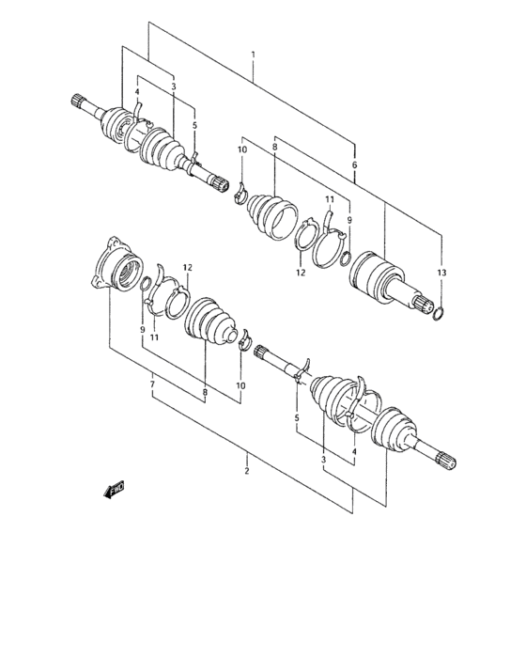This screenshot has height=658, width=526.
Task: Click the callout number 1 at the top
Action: pyautogui.click(x=253, y=56)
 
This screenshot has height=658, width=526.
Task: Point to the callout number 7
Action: pyautogui.click(x=151, y=384)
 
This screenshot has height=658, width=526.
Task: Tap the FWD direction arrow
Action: pyautogui.click(x=116, y=489)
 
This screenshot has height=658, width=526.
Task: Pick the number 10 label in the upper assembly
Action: pyautogui.click(x=241, y=149)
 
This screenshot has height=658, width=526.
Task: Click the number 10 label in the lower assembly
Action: pyautogui.click(x=240, y=385)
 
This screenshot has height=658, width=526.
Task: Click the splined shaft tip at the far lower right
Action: pyautogui.click(x=448, y=460)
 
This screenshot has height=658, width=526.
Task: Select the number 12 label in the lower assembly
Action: pyautogui.click(x=186, y=267)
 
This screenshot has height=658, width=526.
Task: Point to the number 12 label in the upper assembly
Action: pyautogui.click(x=302, y=273)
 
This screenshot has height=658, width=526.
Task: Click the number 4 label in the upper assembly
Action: pyautogui.click(x=137, y=92)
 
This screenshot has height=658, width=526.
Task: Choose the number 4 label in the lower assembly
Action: pyautogui.click(x=353, y=452)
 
